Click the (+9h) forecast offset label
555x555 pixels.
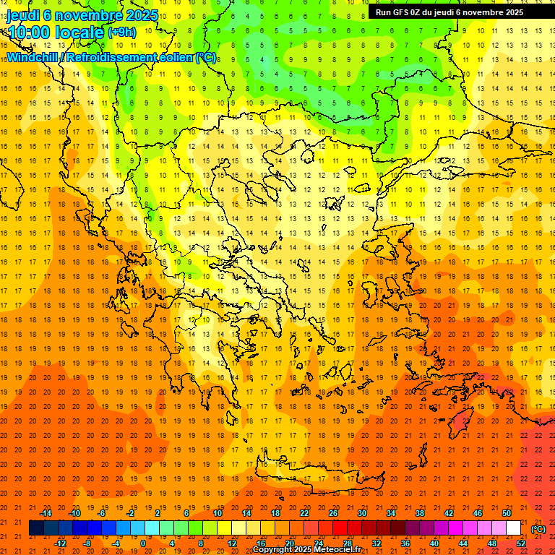click(x=121, y=33)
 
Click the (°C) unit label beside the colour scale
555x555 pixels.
click(x=538, y=528)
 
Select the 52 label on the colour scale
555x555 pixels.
click(x=521, y=543)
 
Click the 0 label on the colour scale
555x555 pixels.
click(x=143, y=543)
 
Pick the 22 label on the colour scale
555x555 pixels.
click(x=304, y=513)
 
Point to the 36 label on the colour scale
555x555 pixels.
click(x=405, y=543)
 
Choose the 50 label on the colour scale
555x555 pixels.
click(x=507, y=513)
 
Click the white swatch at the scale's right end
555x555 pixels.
click(x=514, y=528)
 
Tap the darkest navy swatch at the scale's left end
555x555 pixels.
click(x=36, y=528)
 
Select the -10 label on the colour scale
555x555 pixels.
click(x=74, y=513)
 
